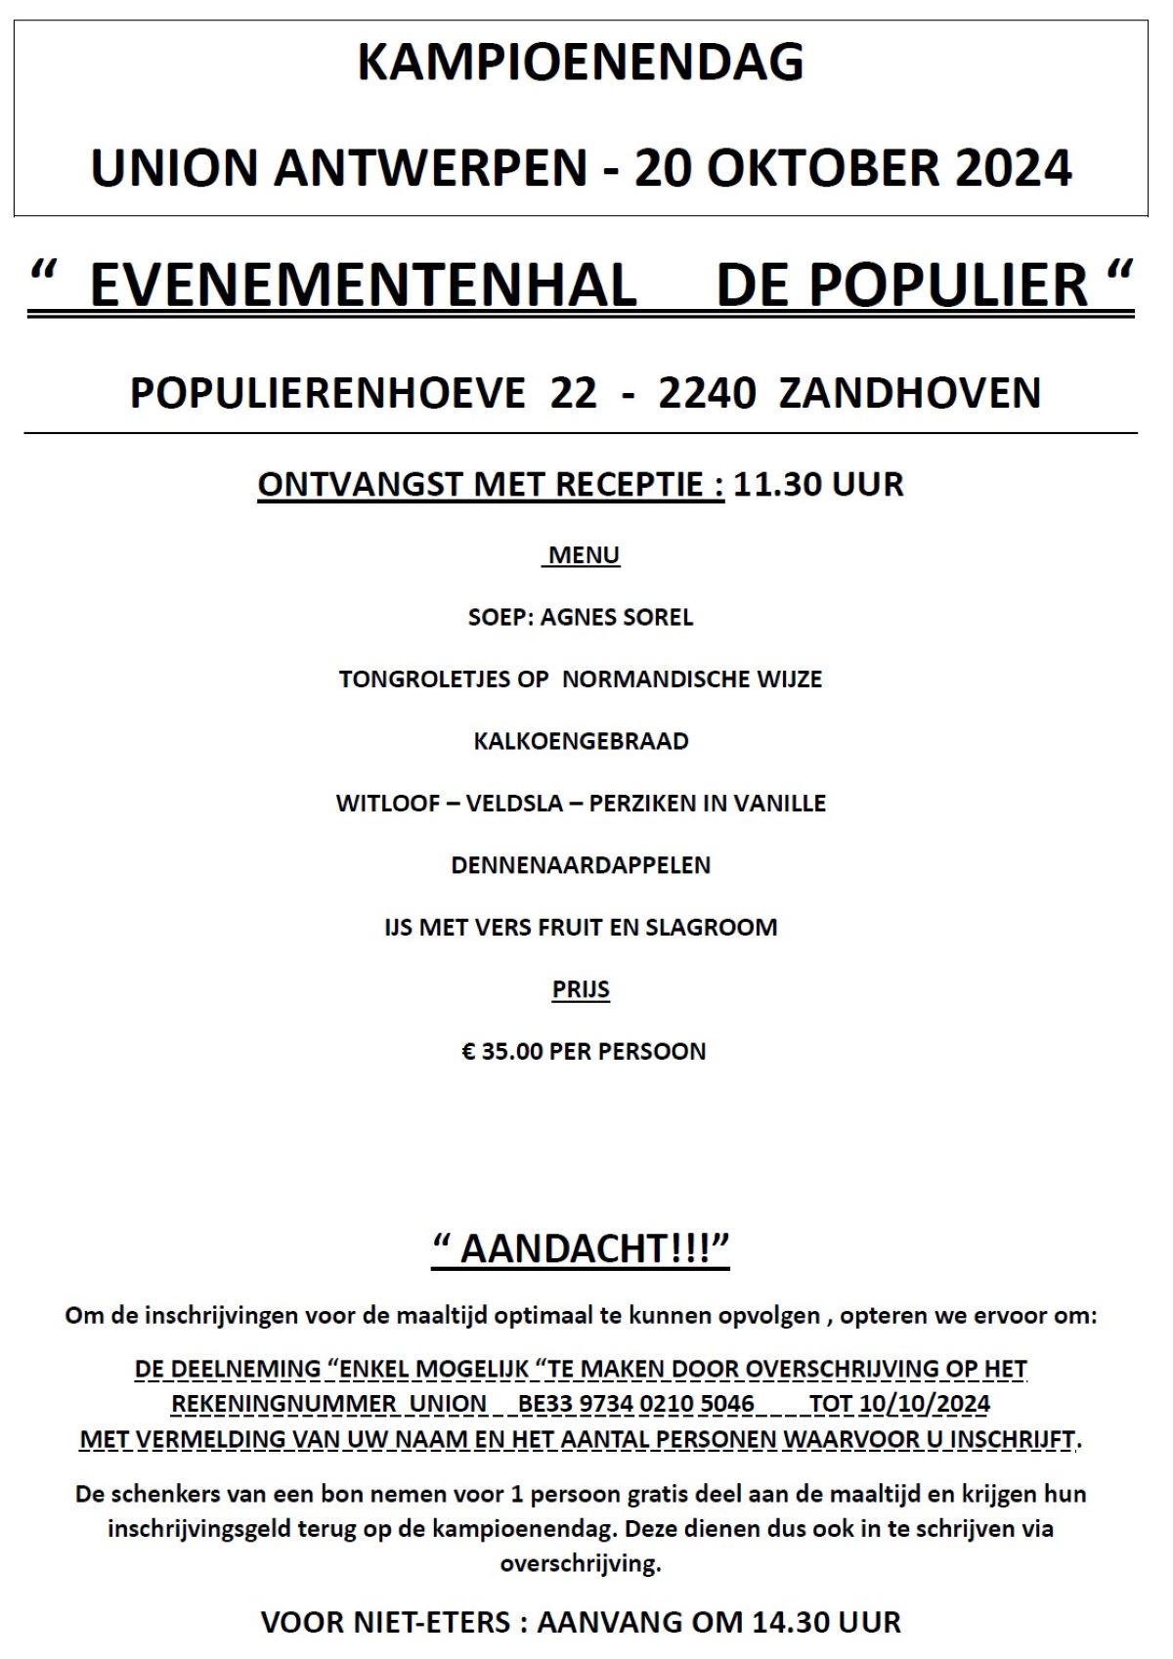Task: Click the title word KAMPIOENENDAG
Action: [581, 63]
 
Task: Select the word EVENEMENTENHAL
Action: [363, 285]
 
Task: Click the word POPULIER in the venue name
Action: [948, 285]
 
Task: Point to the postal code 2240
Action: [707, 393]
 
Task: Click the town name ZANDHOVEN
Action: [910, 393]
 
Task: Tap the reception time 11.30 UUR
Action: [818, 484]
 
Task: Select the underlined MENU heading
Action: [584, 555]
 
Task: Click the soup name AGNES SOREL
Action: [617, 617]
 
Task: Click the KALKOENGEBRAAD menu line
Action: [581, 741]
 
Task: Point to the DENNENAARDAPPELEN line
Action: [581, 865]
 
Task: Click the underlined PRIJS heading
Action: [581, 989]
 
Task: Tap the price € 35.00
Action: [502, 1052]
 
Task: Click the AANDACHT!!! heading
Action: [581, 1249]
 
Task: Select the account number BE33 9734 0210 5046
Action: [636, 1404]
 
